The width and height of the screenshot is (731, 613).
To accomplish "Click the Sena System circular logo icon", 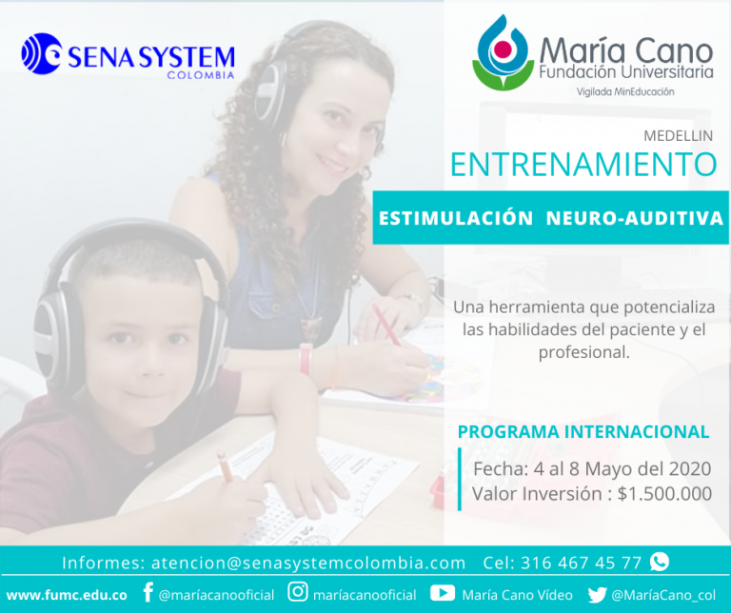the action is [x=42, y=53].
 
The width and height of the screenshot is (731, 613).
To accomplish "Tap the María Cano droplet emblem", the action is [x=503, y=52].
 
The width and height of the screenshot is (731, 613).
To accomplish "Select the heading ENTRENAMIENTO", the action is [x=583, y=164].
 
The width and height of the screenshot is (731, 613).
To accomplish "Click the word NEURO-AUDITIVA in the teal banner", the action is [x=635, y=218].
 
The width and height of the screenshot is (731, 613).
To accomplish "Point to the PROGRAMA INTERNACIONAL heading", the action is [x=583, y=431].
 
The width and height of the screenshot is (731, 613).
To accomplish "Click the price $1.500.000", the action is [x=664, y=494].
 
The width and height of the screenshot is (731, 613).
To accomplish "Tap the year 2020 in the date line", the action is [x=690, y=468].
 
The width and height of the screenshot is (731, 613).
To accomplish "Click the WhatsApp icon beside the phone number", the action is [x=660, y=562].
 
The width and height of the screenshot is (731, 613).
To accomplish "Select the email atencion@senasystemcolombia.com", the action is [x=308, y=564].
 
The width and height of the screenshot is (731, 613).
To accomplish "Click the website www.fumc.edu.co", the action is [x=67, y=595].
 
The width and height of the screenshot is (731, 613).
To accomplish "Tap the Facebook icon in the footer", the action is [x=148, y=592].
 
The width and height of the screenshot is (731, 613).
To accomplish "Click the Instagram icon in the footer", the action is [x=298, y=592].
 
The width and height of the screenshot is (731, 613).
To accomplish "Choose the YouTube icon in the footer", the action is [x=443, y=593].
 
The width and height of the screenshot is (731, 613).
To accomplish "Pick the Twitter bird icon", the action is [x=597, y=594].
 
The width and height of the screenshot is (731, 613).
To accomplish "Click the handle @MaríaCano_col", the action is [x=663, y=595].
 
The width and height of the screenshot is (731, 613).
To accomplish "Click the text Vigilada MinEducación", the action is [x=625, y=91].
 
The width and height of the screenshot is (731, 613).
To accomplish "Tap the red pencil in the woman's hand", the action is [x=386, y=325].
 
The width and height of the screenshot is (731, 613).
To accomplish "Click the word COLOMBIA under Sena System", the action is [x=201, y=75].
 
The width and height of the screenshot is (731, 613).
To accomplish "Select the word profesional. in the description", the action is [x=584, y=353].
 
